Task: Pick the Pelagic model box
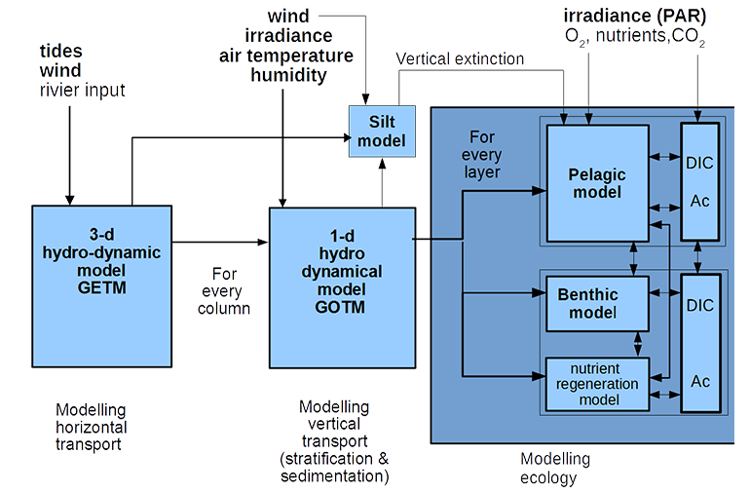coord(596,183)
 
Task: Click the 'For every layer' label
coord(484,156)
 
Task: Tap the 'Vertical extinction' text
coord(461,60)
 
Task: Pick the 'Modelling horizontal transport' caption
coord(90,424)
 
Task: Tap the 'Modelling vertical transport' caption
coord(334,442)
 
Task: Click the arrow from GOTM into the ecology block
coord(438,236)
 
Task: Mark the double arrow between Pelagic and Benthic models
coord(635,259)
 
